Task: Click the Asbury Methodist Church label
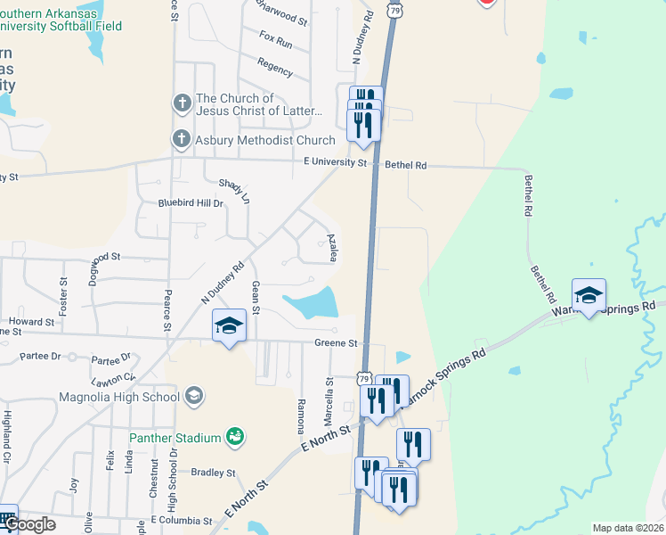coord(265,140)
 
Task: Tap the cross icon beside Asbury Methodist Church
coord(182,140)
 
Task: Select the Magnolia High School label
coord(119,396)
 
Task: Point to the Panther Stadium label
coord(175,438)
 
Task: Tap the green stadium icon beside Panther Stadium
coord(234,436)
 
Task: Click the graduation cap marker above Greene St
coord(229,326)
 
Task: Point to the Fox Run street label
coord(275,41)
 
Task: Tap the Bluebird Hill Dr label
coord(191,203)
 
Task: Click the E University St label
coord(335,163)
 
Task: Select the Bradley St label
coord(213,473)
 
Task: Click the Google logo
coord(29,524)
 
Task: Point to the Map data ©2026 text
coord(629,528)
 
